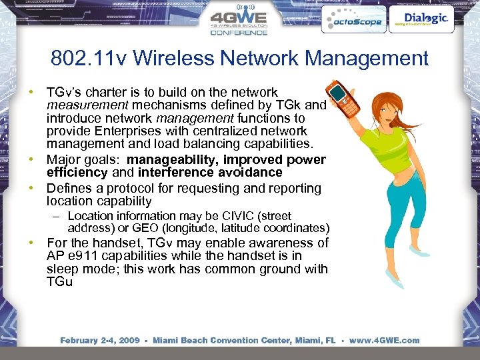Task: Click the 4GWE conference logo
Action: [x=238, y=21]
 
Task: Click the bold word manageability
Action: [x=173, y=160]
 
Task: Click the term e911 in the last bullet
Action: [x=83, y=256]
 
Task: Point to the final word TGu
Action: [x=59, y=282]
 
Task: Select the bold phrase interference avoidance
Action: [x=211, y=173]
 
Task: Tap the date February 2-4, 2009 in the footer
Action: [x=99, y=340]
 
